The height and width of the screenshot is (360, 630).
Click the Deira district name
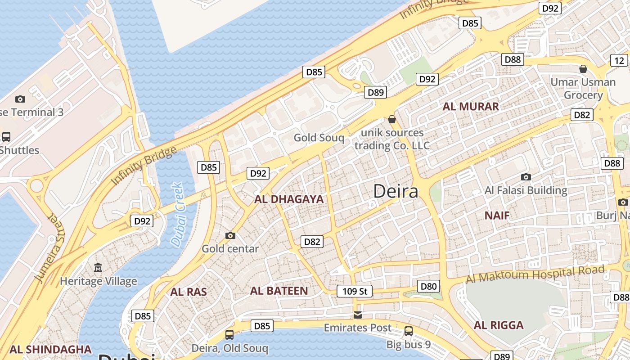click(396, 192)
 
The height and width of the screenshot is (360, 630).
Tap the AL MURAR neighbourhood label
click(471, 107)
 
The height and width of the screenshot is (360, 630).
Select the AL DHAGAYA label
click(289, 199)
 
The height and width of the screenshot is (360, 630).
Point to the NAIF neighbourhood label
click(497, 216)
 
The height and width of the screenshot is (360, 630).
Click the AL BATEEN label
click(279, 291)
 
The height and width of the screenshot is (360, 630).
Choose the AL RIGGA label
click(499, 325)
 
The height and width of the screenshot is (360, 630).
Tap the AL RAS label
click(189, 292)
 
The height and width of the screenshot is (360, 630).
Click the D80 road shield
click(428, 286)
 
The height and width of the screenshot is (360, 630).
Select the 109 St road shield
click(355, 291)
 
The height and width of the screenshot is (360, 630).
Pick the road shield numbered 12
click(619, 61)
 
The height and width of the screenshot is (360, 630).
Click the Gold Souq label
click(319, 138)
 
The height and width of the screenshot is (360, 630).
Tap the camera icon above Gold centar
click(230, 235)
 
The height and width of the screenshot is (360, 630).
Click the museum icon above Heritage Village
click(98, 268)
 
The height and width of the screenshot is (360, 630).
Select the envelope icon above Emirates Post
click(358, 315)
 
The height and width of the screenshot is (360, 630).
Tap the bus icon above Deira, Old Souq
click(229, 334)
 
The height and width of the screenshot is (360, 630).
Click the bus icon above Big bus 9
click(409, 331)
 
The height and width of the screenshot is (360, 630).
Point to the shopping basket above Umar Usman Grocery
click(583, 69)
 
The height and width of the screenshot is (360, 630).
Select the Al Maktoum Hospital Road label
click(535, 274)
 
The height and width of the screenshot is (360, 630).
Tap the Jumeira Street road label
click(50, 248)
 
